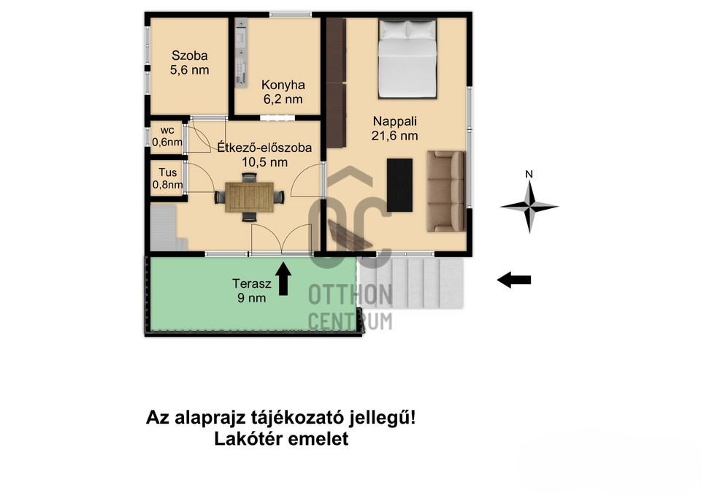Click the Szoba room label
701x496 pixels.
point(190,56)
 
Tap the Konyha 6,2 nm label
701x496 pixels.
point(283,92)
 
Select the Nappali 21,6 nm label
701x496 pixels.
point(395,129)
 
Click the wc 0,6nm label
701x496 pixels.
point(167,137)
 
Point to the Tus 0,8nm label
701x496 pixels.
point(168,178)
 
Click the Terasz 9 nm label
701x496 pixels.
point(252,291)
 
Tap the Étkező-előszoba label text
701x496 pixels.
point(264,147)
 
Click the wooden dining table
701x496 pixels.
point(249,197)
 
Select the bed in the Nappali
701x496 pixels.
point(407,58)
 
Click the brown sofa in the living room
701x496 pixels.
point(445,191)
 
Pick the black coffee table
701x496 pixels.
point(399,185)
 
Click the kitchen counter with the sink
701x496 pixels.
point(241,51)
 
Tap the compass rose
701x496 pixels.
point(529,207)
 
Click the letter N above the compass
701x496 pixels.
point(529,174)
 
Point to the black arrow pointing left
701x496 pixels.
point(514,280)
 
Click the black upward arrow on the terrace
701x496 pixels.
point(283,278)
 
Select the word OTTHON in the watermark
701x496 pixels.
point(350,294)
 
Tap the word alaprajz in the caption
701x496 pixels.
point(210,418)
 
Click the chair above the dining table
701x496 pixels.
point(249,178)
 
